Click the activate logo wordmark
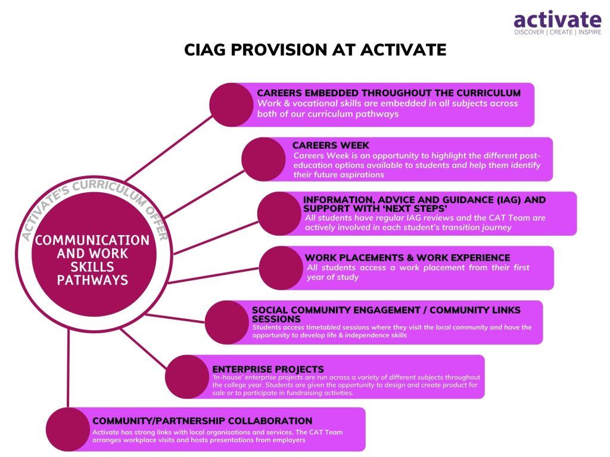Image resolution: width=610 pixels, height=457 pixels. click(558, 20)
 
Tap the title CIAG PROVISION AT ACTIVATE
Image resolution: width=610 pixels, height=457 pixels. click(315, 50)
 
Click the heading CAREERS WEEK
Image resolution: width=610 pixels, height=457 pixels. click(331, 145)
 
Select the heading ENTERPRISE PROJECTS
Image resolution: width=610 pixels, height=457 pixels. click(268, 369)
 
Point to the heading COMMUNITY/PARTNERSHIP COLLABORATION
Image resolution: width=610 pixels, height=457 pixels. click(203, 421)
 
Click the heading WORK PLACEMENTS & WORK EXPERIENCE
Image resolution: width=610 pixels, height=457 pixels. click(407, 258)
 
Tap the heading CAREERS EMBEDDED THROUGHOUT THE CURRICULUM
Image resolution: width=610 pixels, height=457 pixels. click(388, 93)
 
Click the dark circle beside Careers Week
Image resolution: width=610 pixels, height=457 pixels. click(263, 159)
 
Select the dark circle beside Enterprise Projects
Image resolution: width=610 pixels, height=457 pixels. click(187, 377)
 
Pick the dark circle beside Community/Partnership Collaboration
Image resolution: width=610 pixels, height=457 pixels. click(68, 429)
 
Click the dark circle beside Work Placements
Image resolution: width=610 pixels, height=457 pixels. click(281, 268)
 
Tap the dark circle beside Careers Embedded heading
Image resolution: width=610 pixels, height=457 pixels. click(232, 105)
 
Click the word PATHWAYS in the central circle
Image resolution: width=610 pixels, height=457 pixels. click(92, 280)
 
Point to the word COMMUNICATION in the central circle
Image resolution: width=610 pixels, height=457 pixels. click(92, 240)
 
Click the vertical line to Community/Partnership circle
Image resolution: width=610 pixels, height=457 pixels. click(68, 368)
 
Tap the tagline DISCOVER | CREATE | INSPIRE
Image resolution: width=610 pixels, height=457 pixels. click(558, 32)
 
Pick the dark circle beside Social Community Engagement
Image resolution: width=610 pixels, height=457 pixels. click(227, 322)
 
